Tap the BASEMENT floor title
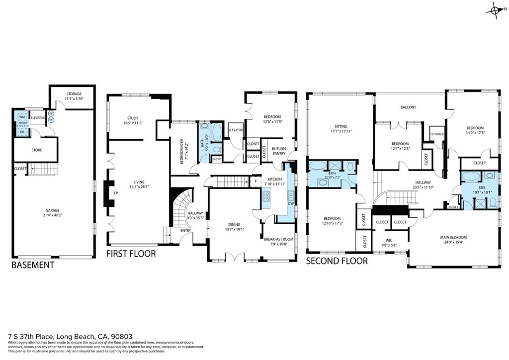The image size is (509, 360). click(x=33, y=265)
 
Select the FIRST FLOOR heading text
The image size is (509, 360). click(x=131, y=254)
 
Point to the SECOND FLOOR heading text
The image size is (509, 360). click(x=337, y=261)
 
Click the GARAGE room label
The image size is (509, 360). click(x=53, y=211)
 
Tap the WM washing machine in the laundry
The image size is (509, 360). click(x=22, y=117)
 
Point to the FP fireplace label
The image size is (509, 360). click(x=116, y=193)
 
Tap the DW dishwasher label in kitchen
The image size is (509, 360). click(x=289, y=203)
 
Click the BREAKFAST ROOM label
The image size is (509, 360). click(x=278, y=239)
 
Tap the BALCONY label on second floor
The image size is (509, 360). click(x=408, y=107)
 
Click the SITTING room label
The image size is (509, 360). click(x=340, y=126)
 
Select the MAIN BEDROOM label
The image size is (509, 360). click(x=453, y=237)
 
